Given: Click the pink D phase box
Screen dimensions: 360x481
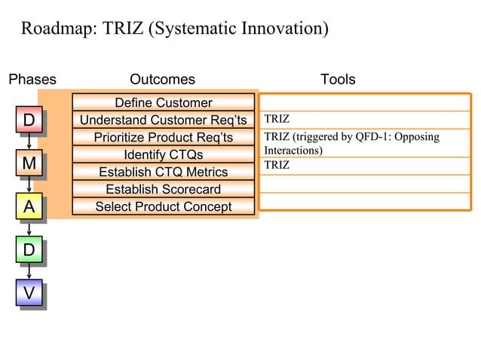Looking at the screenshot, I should [x=29, y=121].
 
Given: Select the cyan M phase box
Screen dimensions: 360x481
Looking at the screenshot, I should [x=29, y=163].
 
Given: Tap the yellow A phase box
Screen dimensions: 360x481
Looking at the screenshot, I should [x=29, y=206].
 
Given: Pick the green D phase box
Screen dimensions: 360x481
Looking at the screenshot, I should [x=29, y=249].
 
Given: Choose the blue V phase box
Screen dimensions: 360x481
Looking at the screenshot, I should [x=29, y=293].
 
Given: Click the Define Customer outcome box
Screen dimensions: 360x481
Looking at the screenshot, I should [x=163, y=102].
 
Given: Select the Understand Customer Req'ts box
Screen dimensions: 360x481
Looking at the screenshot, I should [x=163, y=120].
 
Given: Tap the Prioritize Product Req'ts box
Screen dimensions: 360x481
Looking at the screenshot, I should [x=163, y=137].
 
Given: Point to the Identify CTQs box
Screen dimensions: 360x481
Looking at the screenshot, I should [x=163, y=154].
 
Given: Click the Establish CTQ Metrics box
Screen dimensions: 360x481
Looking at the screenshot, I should [x=163, y=172].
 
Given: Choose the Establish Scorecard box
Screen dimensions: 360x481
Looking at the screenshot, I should [x=163, y=189].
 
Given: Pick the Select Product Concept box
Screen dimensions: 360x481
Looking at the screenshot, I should [x=163, y=206].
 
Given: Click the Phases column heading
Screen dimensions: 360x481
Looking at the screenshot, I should [x=32, y=79].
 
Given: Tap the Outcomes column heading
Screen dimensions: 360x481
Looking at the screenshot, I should [x=162, y=79].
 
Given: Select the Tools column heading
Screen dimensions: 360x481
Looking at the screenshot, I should [x=338, y=79].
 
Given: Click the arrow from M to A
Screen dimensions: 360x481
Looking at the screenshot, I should [x=29, y=185].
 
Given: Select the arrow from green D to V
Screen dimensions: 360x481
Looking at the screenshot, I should [x=29, y=271].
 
